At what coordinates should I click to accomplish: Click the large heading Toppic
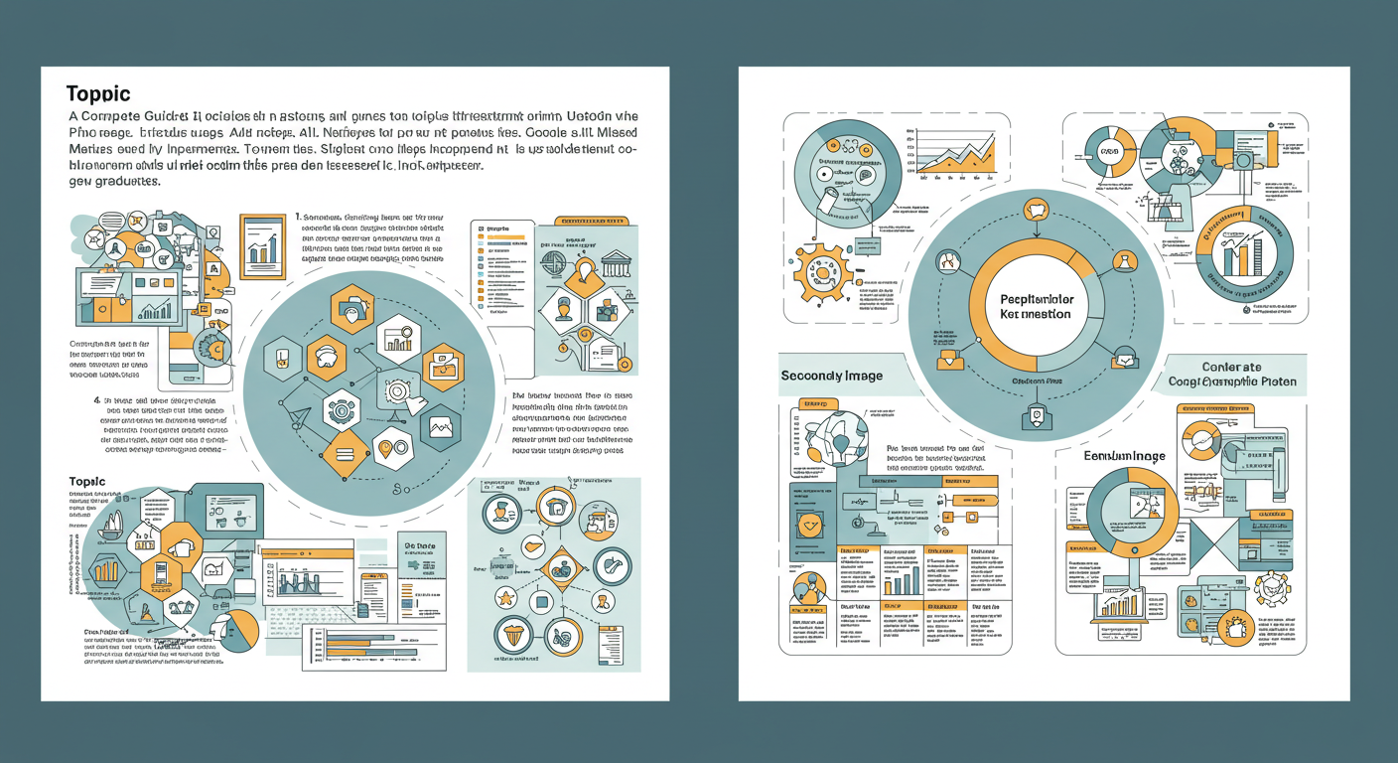point(98,94)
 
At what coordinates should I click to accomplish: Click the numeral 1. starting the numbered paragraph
point(299,217)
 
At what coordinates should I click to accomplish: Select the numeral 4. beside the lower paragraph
point(96,400)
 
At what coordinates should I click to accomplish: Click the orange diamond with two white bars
point(346,453)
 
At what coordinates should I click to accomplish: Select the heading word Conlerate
point(1231,367)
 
